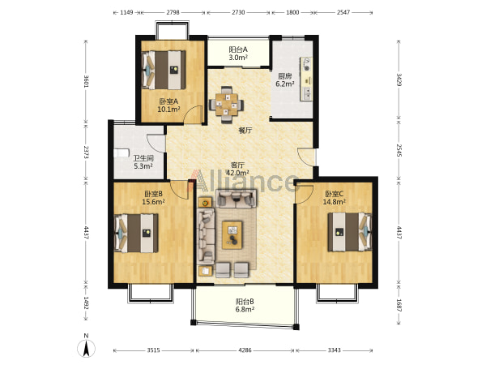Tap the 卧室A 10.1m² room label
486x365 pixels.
[x=169, y=105]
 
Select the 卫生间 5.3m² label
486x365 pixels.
[x=143, y=162]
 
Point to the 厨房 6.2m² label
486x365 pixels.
[x=285, y=79]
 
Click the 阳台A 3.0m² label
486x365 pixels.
[x=238, y=54]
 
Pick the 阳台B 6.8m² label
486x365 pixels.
[x=245, y=306]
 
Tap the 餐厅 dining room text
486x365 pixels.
[x=245, y=131]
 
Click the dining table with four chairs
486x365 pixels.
[x=226, y=105]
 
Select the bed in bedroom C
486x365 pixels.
[x=350, y=231]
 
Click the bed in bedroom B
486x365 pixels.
[x=136, y=233]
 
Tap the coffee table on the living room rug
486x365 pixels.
[x=232, y=235]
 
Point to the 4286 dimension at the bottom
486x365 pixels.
[x=245, y=350]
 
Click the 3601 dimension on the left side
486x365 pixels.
[x=87, y=81]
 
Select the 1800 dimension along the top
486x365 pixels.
[x=292, y=12]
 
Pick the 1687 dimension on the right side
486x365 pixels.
[x=399, y=306]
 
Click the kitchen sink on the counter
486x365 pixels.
[x=307, y=93]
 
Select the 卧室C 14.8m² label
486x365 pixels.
[x=334, y=198]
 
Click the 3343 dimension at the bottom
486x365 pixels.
[x=334, y=350]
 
